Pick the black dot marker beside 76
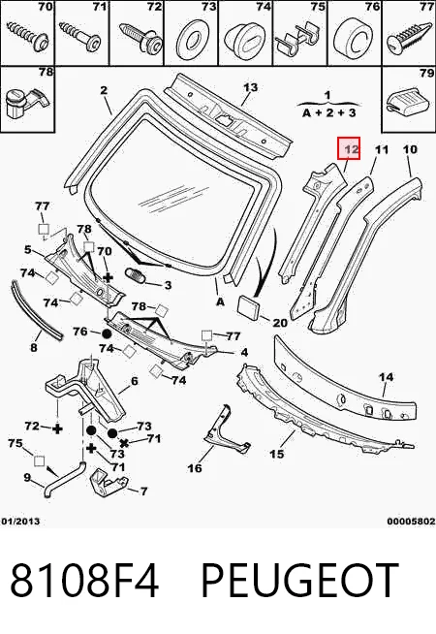107,334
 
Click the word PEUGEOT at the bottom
299,581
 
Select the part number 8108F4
84,581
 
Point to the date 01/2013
20,522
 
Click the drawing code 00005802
412,522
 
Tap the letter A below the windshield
220,301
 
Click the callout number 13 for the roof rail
251,87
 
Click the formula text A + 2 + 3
328,112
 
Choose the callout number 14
386,377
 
